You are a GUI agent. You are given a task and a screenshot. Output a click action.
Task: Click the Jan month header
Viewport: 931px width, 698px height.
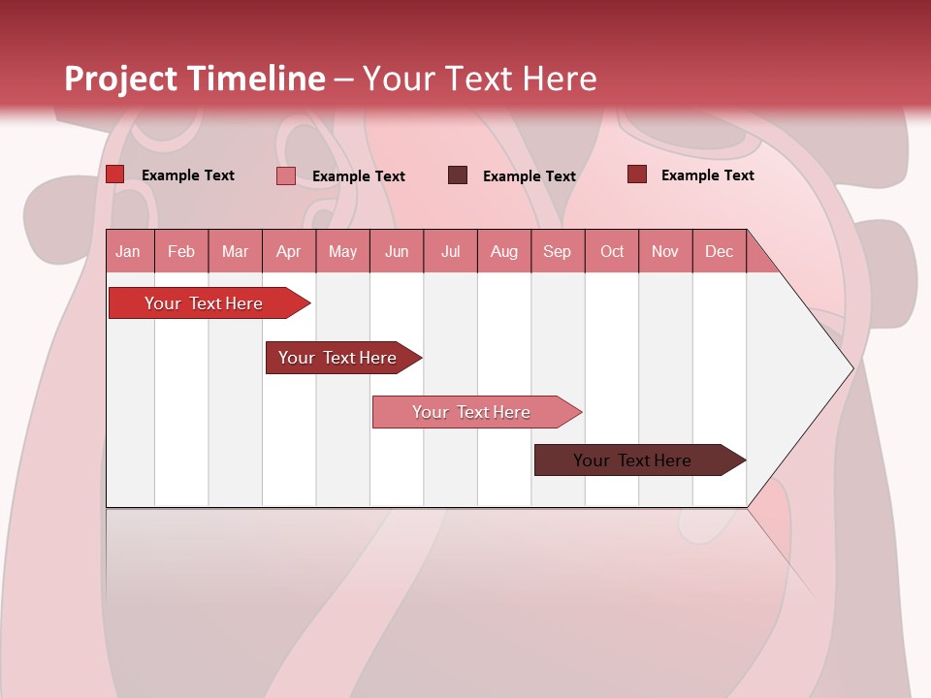pos(128,251)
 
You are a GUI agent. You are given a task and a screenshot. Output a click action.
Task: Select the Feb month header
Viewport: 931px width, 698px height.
pos(181,251)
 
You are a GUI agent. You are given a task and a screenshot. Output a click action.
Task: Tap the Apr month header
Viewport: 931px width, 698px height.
pos(288,251)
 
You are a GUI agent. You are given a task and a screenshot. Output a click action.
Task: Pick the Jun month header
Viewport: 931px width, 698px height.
pos(397,251)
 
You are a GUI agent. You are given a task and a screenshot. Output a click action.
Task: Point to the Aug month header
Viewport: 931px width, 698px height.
pos(503,251)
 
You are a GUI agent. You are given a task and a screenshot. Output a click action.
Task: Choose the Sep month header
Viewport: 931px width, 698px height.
pos(557,251)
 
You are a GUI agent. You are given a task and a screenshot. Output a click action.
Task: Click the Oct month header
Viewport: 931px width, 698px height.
pos(612,251)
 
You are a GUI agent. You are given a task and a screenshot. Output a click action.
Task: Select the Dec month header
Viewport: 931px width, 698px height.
pos(719,251)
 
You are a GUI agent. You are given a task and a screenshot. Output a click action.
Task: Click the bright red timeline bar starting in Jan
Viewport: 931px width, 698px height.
pos(204,303)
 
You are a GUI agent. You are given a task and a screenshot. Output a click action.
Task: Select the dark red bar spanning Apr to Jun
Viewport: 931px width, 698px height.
pos(337,358)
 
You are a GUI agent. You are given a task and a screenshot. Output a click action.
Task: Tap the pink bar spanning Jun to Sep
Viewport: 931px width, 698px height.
pos(471,412)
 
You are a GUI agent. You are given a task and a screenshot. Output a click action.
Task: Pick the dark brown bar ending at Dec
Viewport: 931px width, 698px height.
pos(632,460)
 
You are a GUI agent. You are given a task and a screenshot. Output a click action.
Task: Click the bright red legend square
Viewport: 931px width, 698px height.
pos(114,174)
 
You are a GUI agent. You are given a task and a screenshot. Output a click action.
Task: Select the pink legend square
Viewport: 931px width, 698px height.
pos(285,175)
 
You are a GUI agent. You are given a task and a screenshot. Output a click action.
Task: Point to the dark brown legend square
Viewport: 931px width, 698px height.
pos(458,175)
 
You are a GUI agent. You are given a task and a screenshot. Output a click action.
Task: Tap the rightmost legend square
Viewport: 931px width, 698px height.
pos(636,174)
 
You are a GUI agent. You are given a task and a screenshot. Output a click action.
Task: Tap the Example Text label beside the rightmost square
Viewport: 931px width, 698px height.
pos(707,175)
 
